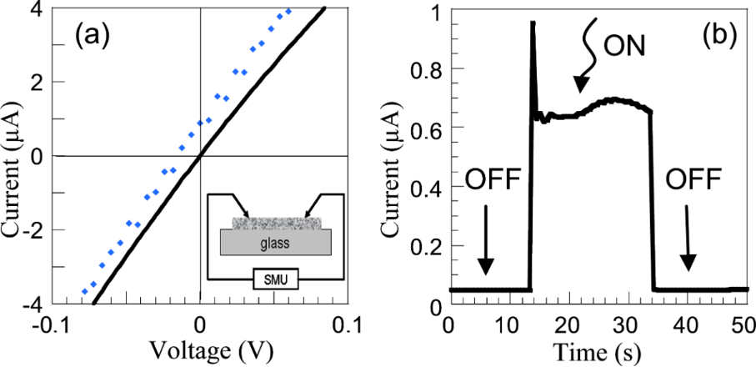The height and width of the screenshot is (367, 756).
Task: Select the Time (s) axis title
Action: tap(598, 352)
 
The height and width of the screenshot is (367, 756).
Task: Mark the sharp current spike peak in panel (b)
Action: tap(532, 23)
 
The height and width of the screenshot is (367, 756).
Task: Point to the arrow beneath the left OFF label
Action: tap(486, 250)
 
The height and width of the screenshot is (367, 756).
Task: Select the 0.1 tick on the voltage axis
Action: tap(348, 324)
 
